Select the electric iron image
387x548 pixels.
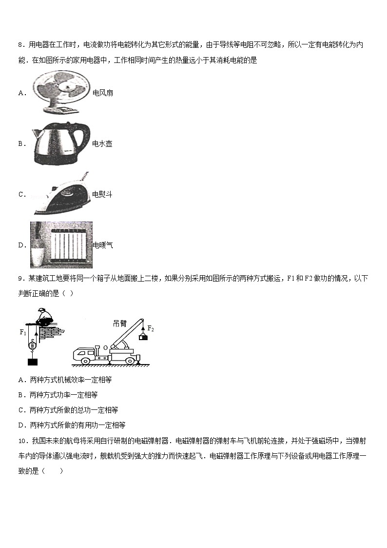61,194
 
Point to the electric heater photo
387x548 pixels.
61,245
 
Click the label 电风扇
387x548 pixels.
102,93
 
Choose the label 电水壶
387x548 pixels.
102,144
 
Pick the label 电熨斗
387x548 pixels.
102,194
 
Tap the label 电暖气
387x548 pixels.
102,245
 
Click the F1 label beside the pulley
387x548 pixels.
22,332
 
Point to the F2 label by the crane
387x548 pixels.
151,328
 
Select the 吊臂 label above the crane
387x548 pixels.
119,324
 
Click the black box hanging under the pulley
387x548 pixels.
33,362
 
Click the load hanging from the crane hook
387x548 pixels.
142,336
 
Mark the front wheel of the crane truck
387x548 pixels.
86,360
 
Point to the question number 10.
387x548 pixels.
22,441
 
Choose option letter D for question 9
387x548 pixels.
21,425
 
